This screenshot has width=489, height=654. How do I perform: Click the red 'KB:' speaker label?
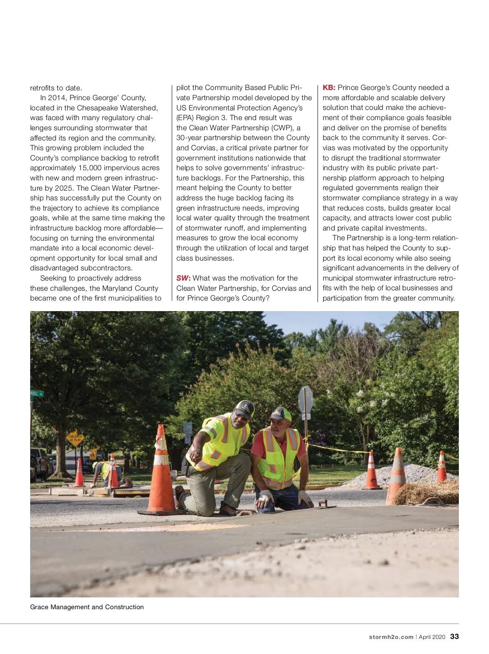[329, 88]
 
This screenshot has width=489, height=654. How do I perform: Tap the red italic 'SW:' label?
[183, 278]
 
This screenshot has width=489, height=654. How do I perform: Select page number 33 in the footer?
[454, 636]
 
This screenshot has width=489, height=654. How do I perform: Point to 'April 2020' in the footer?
[432, 637]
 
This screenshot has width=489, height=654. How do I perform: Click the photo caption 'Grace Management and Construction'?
[87, 607]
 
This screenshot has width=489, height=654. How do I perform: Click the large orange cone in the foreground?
[161, 472]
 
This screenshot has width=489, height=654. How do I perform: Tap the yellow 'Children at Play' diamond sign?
[75, 439]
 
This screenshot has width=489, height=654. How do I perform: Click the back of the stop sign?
[306, 400]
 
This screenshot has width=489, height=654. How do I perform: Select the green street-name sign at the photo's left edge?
[37, 394]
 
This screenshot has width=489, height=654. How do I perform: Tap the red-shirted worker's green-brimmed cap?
[281, 414]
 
